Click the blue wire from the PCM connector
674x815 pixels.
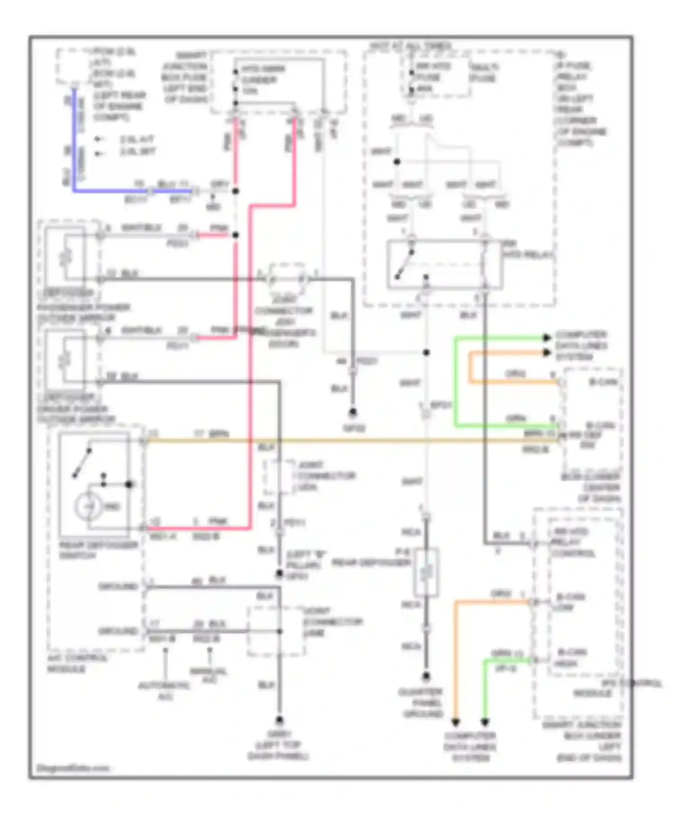pos(74,144)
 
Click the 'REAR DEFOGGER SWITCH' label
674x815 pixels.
pos(98,550)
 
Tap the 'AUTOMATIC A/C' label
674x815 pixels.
pos(164,691)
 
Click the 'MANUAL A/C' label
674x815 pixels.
pos(208,675)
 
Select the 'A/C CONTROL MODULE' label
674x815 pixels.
pos(77,664)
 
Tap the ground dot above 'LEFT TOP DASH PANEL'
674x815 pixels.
pos(279,721)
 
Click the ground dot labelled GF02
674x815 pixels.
pos(353,412)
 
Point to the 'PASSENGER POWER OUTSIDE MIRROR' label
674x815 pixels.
pos(83,313)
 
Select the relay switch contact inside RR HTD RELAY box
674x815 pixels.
pos(404,264)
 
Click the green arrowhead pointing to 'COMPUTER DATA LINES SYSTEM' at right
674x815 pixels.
pos(546,338)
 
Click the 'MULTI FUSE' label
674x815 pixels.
pos(484,72)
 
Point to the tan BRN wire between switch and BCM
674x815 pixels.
pos(350,441)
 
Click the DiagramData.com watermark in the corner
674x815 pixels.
pos(72,768)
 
